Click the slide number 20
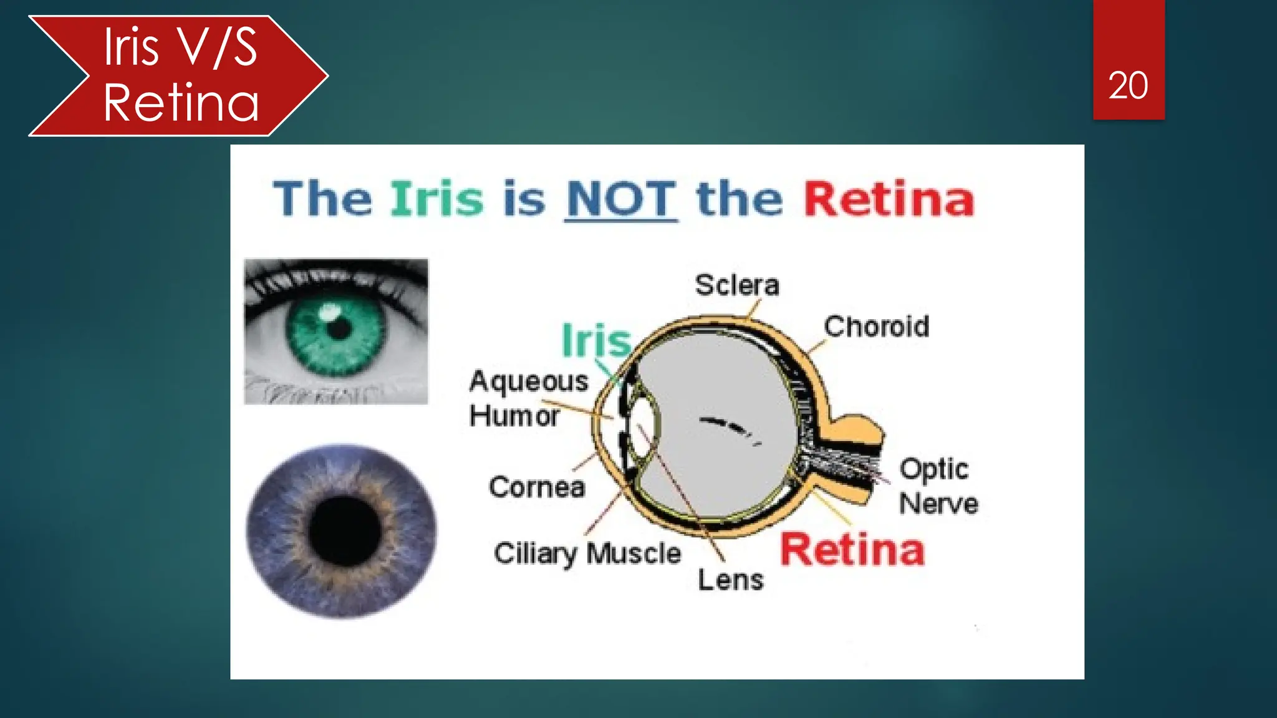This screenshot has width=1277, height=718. [x=1127, y=85]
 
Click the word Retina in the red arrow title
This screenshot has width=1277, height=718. [x=181, y=103]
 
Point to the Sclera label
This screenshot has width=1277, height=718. [x=737, y=285]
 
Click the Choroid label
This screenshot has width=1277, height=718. [x=876, y=327]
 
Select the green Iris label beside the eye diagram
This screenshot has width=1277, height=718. [x=596, y=341]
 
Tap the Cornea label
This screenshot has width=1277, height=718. [x=537, y=487]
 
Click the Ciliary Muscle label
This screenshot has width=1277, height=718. [x=587, y=553]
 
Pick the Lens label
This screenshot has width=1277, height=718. [x=730, y=580]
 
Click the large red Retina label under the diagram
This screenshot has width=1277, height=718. [x=852, y=550]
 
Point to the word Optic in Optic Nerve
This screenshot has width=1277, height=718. [x=933, y=469]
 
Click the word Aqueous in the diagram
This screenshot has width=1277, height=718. [x=528, y=381]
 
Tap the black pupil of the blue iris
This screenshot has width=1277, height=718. [x=344, y=531]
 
